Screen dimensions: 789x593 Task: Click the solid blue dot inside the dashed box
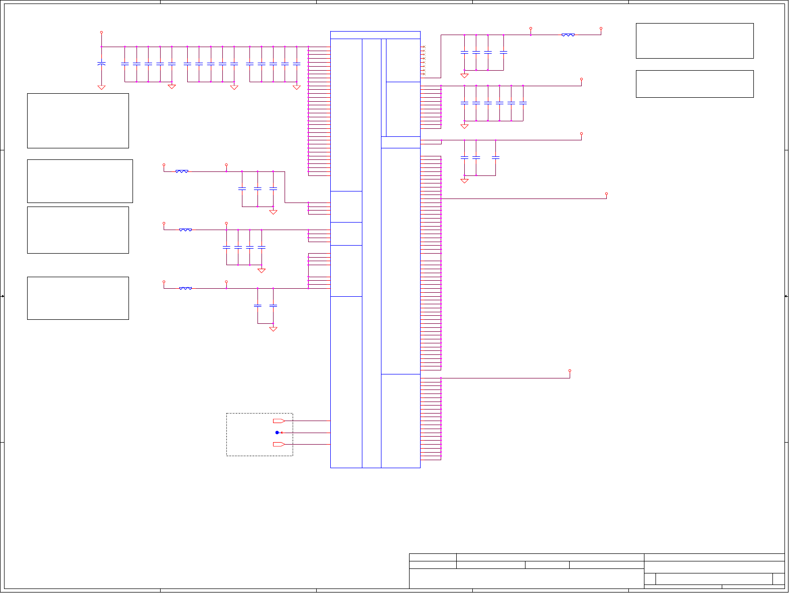tap(277, 433)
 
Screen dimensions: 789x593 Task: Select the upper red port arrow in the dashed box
tap(279, 421)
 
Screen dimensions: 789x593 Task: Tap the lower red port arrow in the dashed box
tap(279, 445)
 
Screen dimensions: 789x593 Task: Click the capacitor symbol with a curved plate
tap(101, 64)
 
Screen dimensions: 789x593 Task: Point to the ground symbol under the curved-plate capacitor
tap(101, 87)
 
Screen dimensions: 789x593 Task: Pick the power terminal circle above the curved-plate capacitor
tap(101, 32)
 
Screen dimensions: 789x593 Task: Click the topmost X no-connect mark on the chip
tap(424, 47)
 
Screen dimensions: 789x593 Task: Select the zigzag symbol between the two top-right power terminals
tap(568, 35)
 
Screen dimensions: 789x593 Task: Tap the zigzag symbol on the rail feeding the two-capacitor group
tap(185, 288)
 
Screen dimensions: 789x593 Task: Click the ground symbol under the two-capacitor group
tap(273, 329)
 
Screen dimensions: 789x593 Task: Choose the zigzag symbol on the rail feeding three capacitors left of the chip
tap(182, 171)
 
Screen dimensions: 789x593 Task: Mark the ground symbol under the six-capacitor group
tap(464, 126)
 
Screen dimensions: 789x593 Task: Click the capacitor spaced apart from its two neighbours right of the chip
tap(495, 157)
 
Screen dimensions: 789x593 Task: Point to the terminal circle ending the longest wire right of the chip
tap(606, 193)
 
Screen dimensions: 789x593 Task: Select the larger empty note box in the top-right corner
tap(695, 41)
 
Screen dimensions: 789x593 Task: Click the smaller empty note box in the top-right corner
tap(695, 84)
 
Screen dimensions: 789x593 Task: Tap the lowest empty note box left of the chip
tap(78, 298)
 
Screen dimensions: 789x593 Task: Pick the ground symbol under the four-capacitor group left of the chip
tap(261, 270)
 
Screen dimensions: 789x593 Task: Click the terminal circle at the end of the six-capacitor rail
tap(581, 79)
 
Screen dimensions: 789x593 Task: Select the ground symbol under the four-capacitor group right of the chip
tap(464, 76)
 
